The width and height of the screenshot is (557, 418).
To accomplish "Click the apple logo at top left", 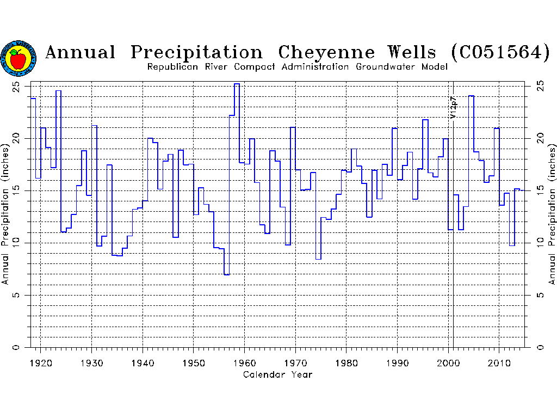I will [x=18, y=58].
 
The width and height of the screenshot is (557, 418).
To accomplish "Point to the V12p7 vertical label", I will [x=453, y=107].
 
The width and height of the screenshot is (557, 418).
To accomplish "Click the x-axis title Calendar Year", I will [x=277, y=374].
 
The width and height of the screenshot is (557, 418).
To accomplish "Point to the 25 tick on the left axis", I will [x=16, y=86].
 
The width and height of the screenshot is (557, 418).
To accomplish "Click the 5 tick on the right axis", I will [x=540, y=295].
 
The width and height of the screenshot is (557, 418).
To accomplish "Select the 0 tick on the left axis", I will [x=16, y=347].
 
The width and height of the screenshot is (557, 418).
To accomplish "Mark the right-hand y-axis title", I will [x=552, y=214].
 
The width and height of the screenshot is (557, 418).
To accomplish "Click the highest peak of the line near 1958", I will [x=237, y=84].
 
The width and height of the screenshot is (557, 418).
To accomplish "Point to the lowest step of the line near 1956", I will [x=226, y=274].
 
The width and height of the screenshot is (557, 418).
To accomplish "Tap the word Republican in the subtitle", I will [x=172, y=67].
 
